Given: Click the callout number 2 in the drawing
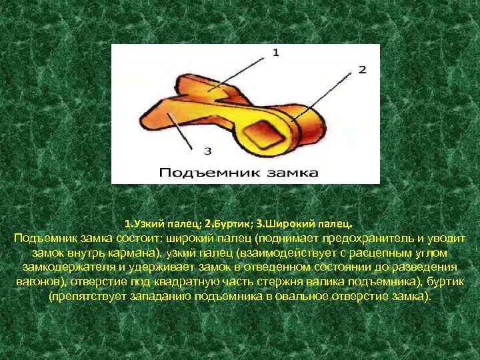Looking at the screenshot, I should coord(361,69).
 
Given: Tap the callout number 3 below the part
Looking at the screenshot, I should coord(207,150).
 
